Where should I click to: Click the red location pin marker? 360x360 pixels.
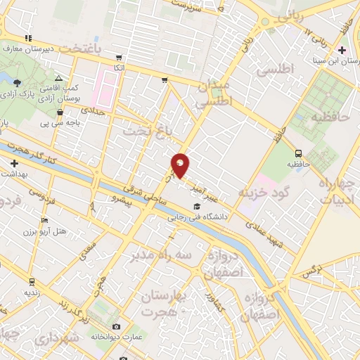[181, 165]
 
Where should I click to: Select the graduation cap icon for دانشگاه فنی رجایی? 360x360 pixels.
[196, 206]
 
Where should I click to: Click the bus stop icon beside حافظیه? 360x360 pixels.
[300, 153]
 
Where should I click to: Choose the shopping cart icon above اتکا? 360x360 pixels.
[120, 58]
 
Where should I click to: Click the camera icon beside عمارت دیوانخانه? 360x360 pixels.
[117, 326]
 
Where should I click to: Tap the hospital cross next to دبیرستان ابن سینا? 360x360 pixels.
[342, 50]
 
